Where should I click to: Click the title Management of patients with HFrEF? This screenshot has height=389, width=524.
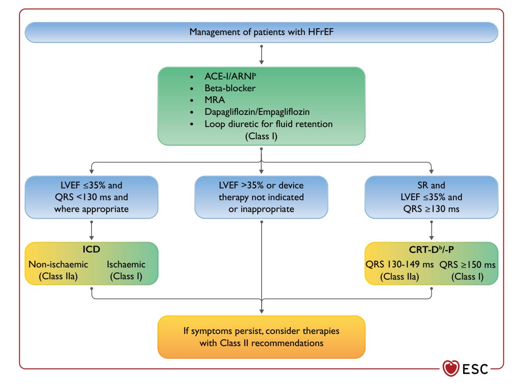point(261,32)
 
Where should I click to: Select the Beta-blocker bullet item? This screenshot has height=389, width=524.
point(230,88)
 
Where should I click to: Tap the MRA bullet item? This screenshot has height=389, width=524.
point(214,100)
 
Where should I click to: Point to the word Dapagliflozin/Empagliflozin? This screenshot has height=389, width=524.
point(257,112)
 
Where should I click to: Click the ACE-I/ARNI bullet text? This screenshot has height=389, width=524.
point(230,76)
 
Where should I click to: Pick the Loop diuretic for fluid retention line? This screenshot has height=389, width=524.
point(269,124)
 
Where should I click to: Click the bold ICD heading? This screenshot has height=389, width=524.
point(92,249)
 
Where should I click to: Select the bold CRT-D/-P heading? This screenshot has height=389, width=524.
point(431,250)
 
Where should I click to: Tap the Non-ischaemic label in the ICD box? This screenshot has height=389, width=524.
point(58,264)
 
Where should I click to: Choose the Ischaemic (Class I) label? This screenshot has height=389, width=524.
point(126,270)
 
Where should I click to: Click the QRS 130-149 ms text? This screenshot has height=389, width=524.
point(399,264)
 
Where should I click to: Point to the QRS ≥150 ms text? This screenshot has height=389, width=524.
point(467,265)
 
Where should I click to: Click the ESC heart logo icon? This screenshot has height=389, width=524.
point(451,369)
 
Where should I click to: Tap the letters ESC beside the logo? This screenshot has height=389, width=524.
point(475,369)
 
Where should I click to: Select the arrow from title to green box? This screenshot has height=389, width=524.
point(261,55)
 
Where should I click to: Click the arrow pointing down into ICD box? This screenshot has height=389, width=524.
point(92,230)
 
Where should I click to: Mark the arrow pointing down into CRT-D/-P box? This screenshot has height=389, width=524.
point(431,230)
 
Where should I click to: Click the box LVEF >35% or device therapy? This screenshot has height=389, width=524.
point(261,197)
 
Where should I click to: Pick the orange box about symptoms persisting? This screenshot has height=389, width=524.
point(261,337)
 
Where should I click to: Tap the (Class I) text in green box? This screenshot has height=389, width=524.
point(261,136)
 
